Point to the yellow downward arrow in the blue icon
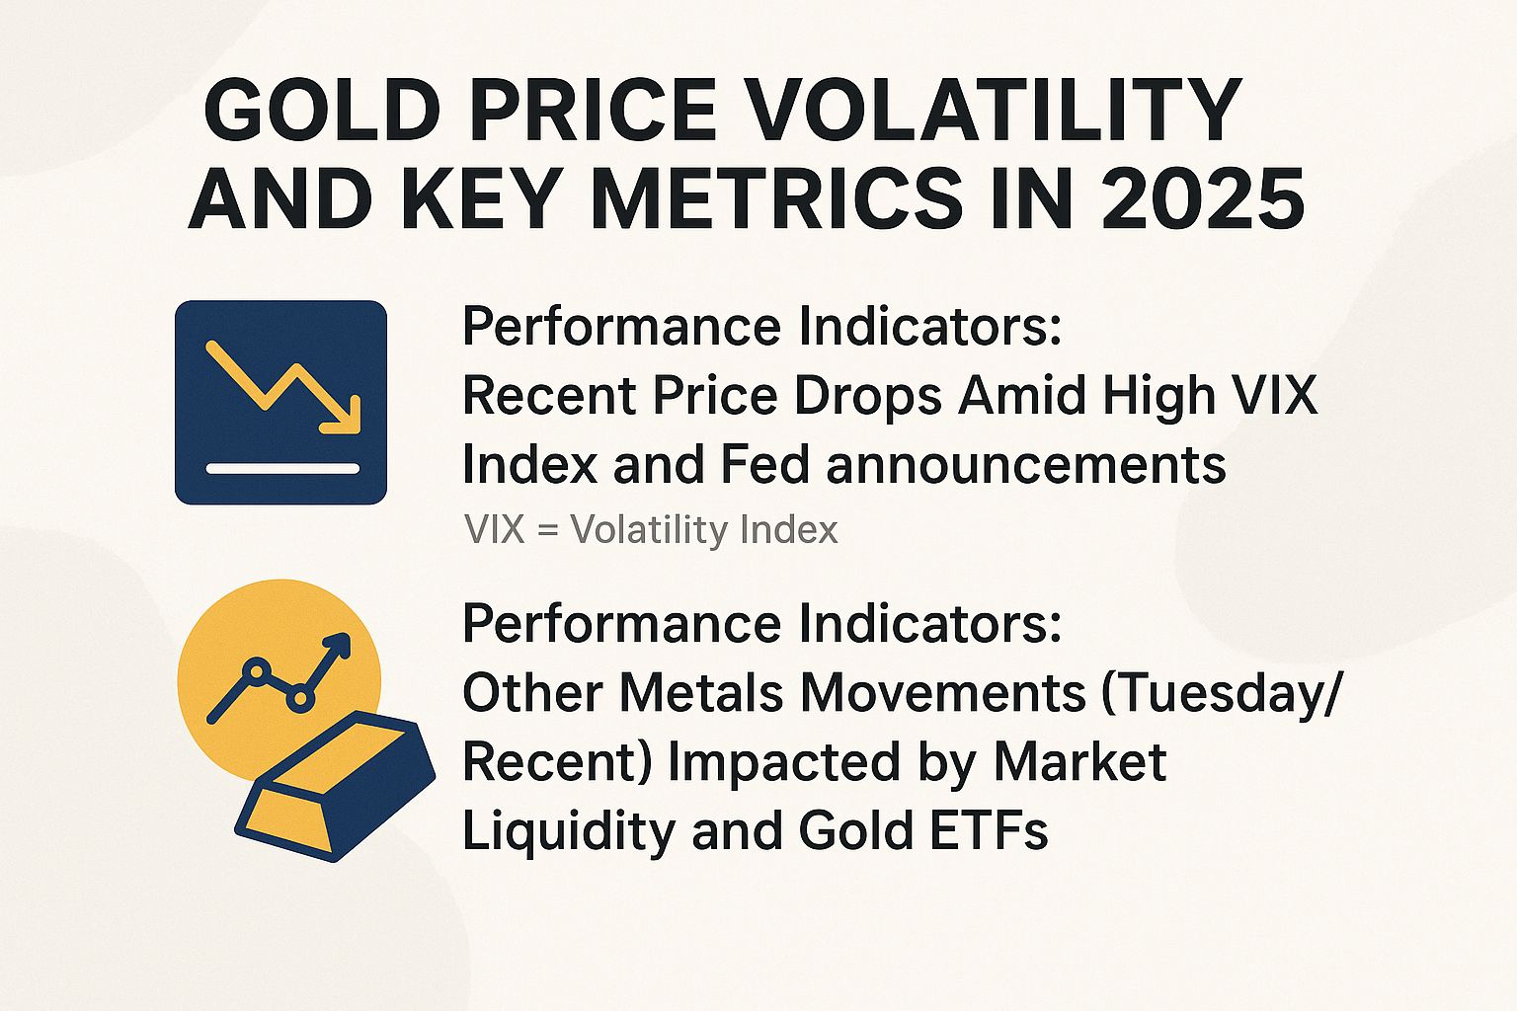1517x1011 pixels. pyautogui.click(x=286, y=387)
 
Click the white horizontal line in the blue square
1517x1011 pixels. pyautogui.click(x=282, y=467)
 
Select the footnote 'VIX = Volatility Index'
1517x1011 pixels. pyautogui.click(x=651, y=530)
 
